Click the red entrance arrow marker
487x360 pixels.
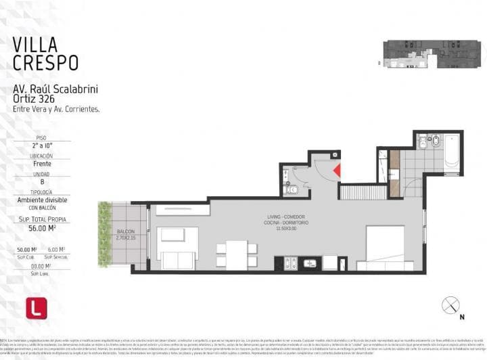click(x=336, y=171)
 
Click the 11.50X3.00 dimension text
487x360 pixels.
click(x=287, y=229)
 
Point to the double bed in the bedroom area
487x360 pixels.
click(x=385, y=246)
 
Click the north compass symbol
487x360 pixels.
click(x=450, y=305)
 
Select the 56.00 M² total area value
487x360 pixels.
click(x=41, y=229)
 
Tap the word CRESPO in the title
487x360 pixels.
click(x=45, y=63)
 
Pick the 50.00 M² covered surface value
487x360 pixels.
click(x=27, y=250)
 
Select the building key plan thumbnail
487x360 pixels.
click(x=432, y=54)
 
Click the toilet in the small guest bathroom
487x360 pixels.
click(x=292, y=189)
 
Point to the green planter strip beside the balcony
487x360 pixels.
click(x=104, y=233)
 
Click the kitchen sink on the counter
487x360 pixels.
click(x=310, y=263)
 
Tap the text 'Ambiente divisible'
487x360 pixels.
click(x=41, y=200)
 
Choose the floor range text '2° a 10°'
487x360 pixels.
click(x=41, y=145)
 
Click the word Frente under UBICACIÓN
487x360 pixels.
click(x=41, y=163)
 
